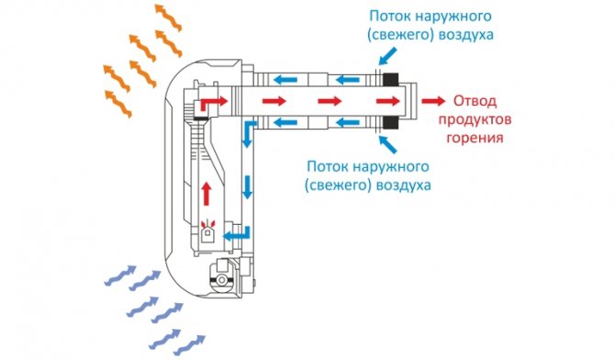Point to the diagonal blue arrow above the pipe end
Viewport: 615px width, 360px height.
386,57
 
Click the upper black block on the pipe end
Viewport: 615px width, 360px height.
390,80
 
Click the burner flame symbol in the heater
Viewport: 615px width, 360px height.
207,227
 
